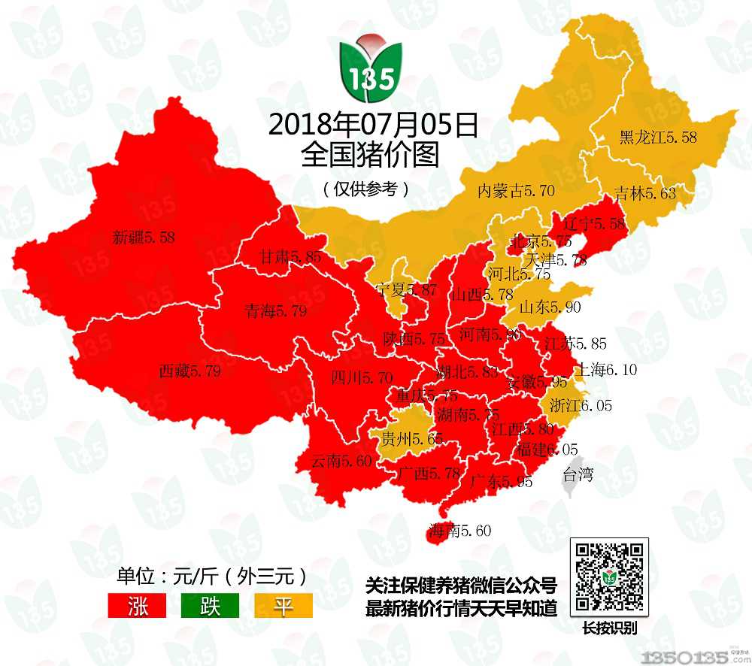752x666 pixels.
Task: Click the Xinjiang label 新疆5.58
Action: click(143, 238)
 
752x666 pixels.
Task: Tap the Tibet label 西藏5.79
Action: click(190, 371)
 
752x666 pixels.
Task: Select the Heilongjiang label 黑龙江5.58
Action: click(657, 138)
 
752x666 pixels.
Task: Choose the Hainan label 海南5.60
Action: click(459, 531)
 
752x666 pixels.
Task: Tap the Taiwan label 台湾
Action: click(578, 474)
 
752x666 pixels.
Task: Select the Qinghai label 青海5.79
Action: click(275, 310)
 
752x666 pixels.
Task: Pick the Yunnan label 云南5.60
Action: click(341, 461)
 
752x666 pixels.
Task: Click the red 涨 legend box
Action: click(138, 606)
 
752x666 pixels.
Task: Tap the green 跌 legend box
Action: click(210, 606)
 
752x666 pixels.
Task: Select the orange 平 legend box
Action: click(282, 606)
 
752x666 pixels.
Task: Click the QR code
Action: click(609, 577)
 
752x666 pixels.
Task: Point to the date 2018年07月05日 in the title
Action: click(372, 126)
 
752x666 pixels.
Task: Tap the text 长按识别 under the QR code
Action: click(609, 628)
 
